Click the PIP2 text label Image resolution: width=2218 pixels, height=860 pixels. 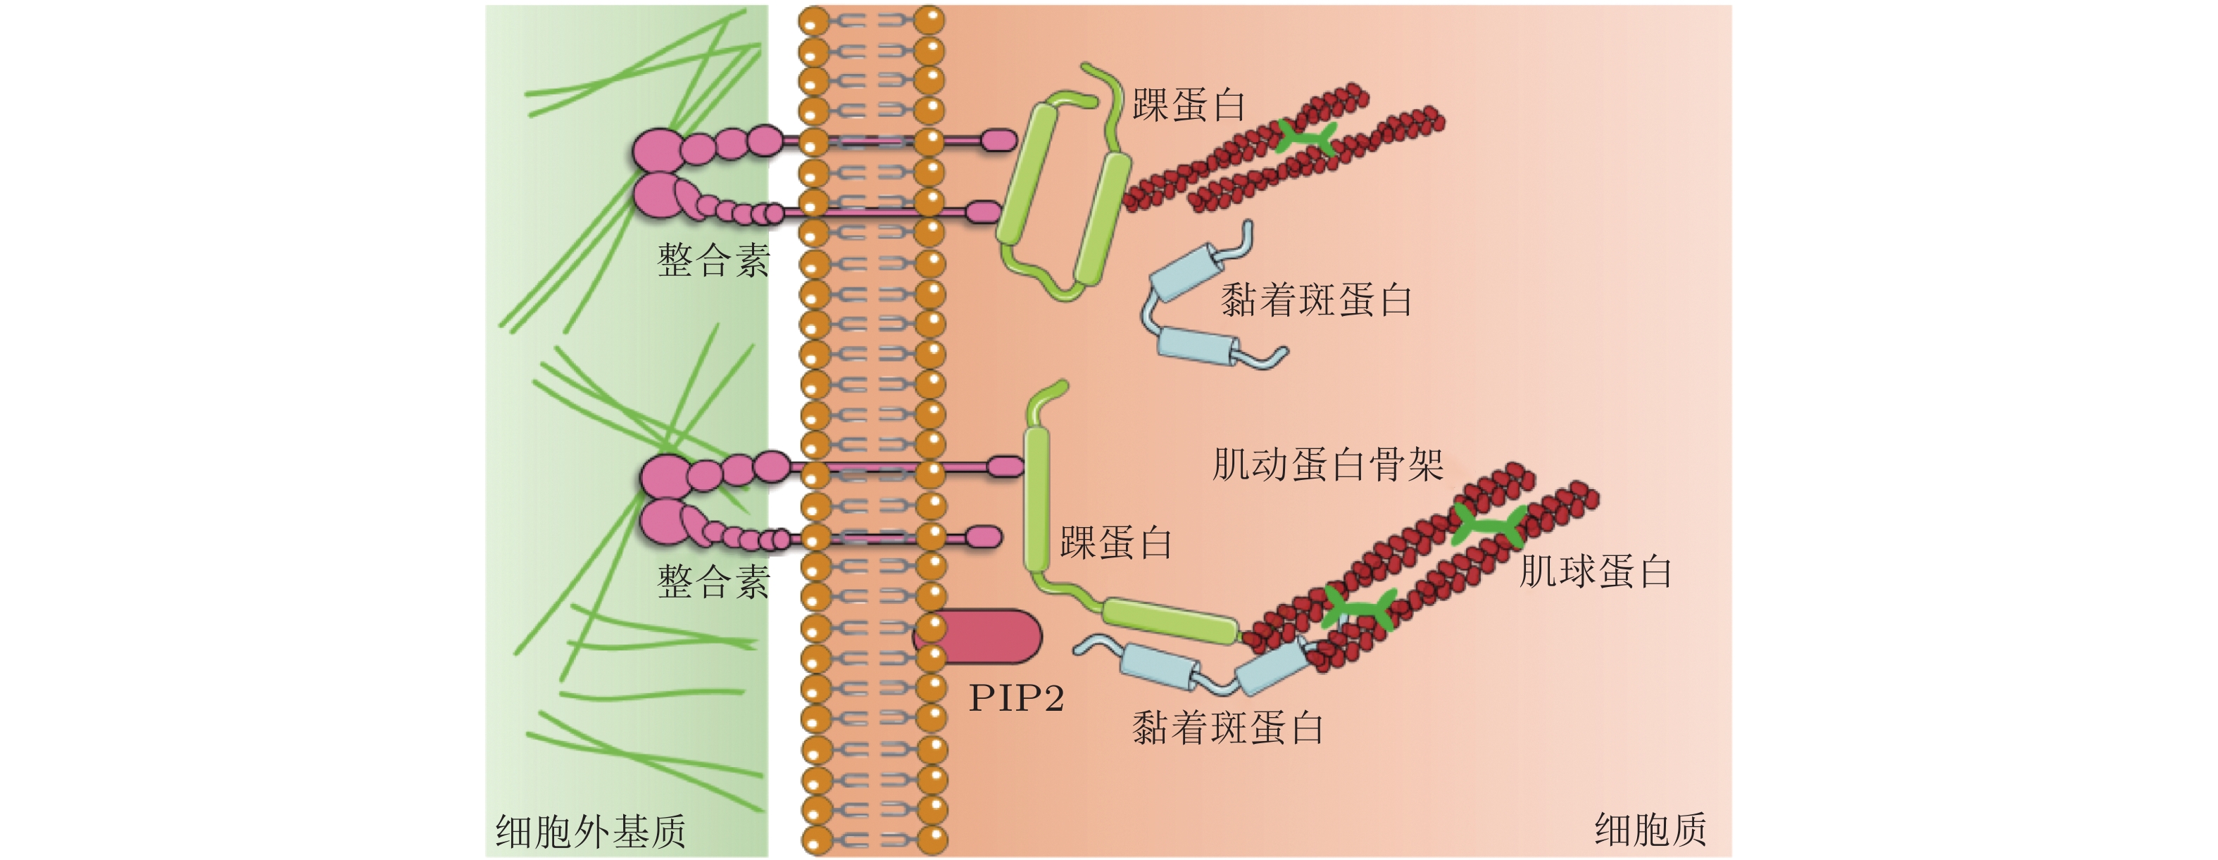click(x=1016, y=698)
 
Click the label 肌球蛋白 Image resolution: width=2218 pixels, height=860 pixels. click(x=1595, y=572)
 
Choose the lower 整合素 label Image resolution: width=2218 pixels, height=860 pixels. click(x=713, y=583)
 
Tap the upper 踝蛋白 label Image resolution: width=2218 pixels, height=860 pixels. click(x=1189, y=106)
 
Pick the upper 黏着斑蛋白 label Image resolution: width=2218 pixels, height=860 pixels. click(x=1315, y=301)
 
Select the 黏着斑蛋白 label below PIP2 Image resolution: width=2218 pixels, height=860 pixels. click(x=1227, y=728)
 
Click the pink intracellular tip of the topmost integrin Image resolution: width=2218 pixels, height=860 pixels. click(x=998, y=139)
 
